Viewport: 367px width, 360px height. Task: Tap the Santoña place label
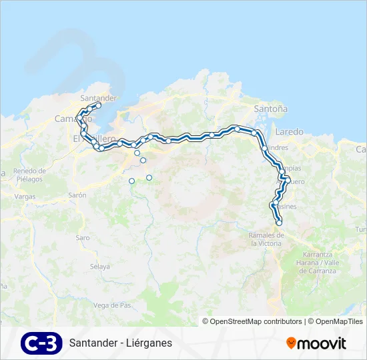(x=270, y=108)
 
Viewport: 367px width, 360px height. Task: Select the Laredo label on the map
(x=288, y=131)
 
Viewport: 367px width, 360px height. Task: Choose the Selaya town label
(x=99, y=267)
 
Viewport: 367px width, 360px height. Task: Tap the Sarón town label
(x=77, y=195)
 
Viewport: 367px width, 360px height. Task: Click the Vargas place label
(x=24, y=197)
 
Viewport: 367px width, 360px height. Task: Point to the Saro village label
(x=83, y=237)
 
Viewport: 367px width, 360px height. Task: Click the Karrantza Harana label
(x=317, y=263)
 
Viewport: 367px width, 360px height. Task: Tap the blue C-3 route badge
(x=41, y=343)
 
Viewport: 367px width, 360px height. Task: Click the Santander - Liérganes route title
(x=120, y=343)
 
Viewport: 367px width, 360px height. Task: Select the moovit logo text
(x=322, y=343)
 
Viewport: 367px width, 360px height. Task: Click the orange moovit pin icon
(x=291, y=343)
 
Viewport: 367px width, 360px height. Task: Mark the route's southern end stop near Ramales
(x=279, y=223)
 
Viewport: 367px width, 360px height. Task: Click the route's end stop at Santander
(x=98, y=105)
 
